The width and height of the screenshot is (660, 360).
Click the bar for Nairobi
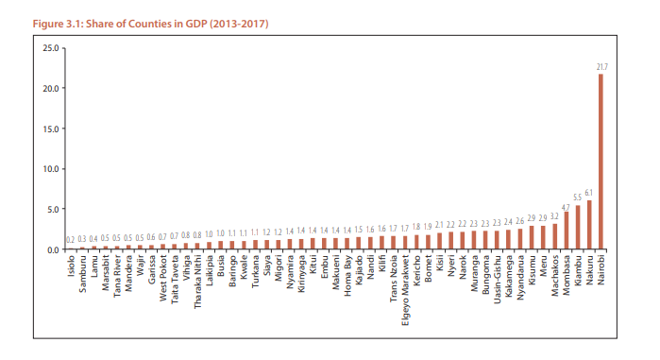click(601, 162)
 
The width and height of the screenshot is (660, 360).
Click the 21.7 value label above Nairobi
click(601, 66)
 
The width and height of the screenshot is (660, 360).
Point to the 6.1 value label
click(589, 192)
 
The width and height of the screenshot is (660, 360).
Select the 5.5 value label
click(577, 197)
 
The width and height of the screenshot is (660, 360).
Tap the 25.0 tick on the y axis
click(49, 46)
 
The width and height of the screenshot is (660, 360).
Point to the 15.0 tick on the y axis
click(49, 128)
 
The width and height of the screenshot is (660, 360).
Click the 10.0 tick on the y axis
click(49, 168)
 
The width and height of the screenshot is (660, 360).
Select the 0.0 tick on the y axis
click(51, 249)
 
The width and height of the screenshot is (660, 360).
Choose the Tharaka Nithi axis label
click(197, 281)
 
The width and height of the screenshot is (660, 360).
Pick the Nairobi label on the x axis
click(601, 271)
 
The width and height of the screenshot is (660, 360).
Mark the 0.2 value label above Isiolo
click(70, 241)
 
